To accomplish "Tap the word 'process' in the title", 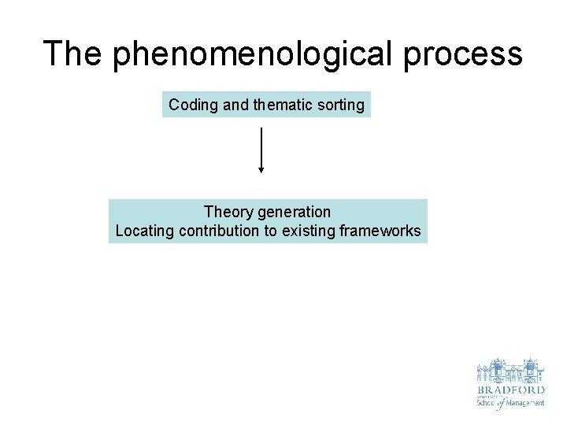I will pyautogui.click(x=472, y=54).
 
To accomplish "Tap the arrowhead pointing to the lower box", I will pyautogui.click(x=261, y=168).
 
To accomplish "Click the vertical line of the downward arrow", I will pyautogui.click(x=261, y=146).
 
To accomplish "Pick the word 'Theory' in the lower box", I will pyautogui.click(x=227, y=212).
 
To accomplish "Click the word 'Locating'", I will pyautogui.click(x=145, y=231).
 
